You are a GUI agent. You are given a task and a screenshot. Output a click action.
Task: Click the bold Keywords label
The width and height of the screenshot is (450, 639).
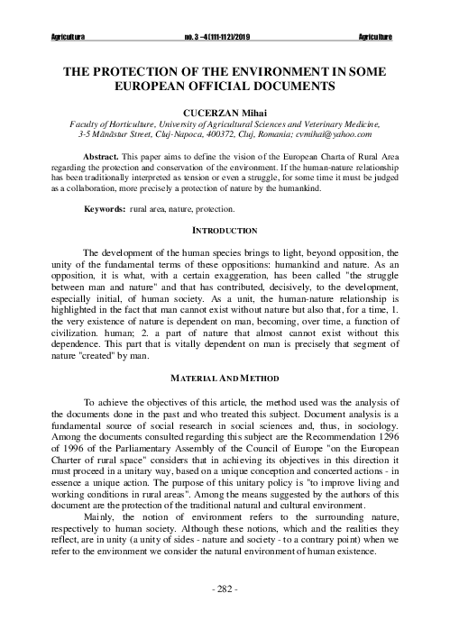(105, 209)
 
